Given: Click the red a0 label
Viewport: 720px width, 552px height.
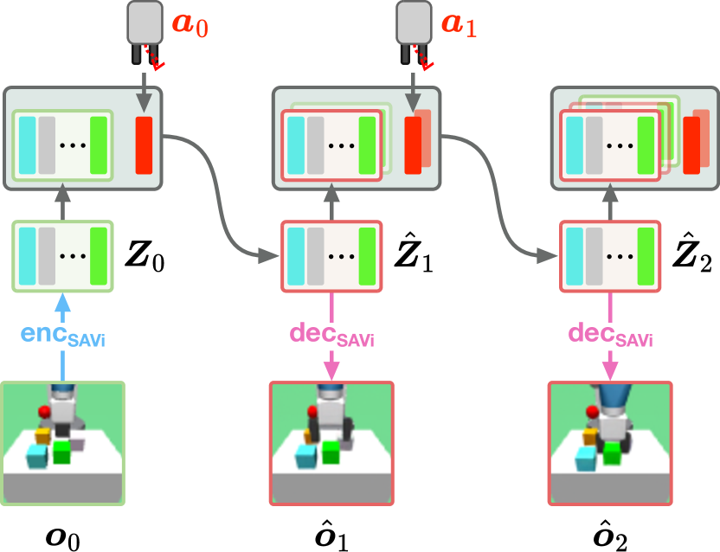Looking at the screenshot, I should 190,23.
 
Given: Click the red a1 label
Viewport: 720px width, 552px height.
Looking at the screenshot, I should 459,23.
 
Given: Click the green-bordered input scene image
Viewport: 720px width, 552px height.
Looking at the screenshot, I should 63,443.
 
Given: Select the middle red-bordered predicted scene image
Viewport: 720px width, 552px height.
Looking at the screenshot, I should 331,443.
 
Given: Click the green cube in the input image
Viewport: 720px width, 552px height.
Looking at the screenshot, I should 61,452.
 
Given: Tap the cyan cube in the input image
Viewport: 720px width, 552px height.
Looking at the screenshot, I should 37,456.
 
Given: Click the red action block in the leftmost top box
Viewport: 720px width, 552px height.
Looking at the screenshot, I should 144,144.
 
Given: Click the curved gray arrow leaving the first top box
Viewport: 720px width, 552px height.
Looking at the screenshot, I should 212,190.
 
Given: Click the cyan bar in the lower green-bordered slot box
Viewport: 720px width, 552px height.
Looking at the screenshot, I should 28,257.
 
